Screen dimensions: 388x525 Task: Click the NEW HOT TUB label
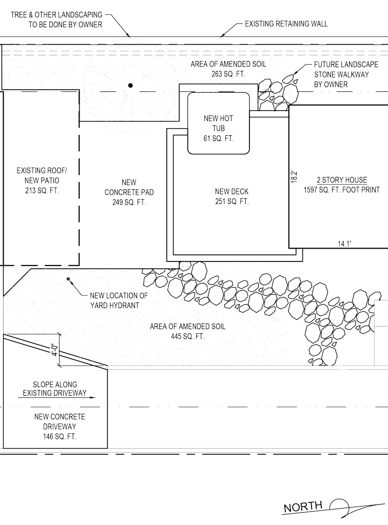coord(218,123)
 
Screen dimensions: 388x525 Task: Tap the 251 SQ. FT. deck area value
coord(232,201)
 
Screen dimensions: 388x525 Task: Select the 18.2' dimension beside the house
coord(294,176)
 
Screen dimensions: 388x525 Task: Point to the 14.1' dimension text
coord(344,244)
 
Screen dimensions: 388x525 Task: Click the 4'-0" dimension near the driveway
coord(55,350)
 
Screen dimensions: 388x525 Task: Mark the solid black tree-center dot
coord(130,86)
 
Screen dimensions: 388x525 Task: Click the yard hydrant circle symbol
coord(68,278)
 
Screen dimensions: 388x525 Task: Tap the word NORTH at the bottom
coord(303,507)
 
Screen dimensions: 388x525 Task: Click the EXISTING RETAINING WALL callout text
coord(286,24)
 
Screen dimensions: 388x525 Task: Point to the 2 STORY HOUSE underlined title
coord(342,180)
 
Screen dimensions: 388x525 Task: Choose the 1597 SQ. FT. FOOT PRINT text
coord(342,190)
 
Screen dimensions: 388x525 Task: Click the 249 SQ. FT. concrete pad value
coord(129,202)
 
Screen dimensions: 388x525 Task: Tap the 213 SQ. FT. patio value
coord(42,191)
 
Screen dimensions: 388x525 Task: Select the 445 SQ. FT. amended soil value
coord(188,336)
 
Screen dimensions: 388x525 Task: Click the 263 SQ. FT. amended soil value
coord(228,74)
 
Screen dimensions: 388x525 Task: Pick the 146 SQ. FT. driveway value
coord(60,436)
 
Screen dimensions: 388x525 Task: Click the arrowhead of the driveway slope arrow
coord(92,398)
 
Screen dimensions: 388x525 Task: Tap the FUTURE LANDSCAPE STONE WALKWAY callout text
coord(346,74)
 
